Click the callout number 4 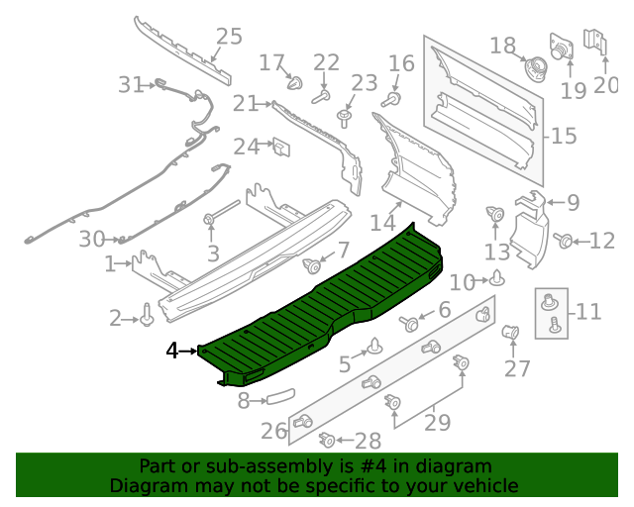tap(172, 351)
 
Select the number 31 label tap(131, 85)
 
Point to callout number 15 tap(564, 136)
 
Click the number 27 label tap(517, 369)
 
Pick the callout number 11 tap(588, 312)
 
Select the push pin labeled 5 tap(376, 347)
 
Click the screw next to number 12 tap(564, 240)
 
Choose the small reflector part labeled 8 tap(279, 398)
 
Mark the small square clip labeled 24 tap(280, 148)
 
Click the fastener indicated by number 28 tap(326, 440)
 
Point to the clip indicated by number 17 tap(294, 82)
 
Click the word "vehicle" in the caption tap(482, 485)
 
